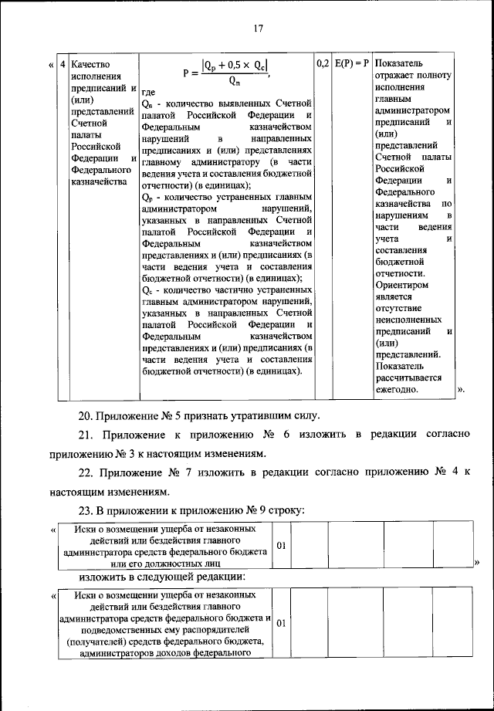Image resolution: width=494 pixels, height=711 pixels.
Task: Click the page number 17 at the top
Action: pos(259,29)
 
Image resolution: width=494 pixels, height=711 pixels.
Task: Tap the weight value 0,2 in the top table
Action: pos(323,62)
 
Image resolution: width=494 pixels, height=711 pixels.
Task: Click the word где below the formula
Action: pos(149,92)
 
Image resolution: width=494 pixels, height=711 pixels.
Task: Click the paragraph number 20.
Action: pos(89,416)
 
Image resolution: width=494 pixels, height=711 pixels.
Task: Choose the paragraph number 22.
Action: pos(89,472)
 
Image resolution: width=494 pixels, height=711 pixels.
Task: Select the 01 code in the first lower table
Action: pos(282,547)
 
